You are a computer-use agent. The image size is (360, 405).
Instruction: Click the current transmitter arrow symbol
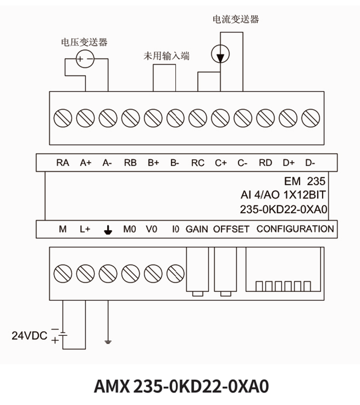pyautogui.click(x=220, y=55)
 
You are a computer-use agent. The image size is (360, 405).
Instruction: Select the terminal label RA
pyautogui.click(x=62, y=163)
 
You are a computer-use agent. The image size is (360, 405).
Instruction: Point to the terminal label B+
pyautogui.click(x=153, y=163)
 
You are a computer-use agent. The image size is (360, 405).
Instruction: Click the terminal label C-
pyautogui.click(x=242, y=163)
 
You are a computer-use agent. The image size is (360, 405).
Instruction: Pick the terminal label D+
pyautogui.click(x=288, y=163)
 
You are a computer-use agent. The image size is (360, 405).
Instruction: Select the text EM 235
pyautogui.click(x=305, y=182)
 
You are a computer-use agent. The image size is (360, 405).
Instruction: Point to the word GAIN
pyautogui.click(x=197, y=229)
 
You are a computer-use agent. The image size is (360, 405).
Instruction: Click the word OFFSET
pyautogui.click(x=231, y=229)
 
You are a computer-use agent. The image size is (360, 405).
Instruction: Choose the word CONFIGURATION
pyautogui.click(x=295, y=229)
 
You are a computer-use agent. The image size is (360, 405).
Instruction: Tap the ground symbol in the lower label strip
pyautogui.click(x=108, y=230)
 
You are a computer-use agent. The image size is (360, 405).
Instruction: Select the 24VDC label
pyautogui.click(x=30, y=335)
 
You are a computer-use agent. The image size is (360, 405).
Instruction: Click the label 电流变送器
pyautogui.click(x=236, y=19)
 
